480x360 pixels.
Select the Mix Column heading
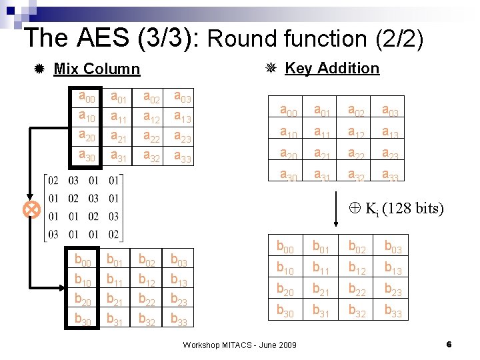[97, 69]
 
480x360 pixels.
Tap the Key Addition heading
[331, 68]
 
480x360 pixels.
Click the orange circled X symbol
[31, 211]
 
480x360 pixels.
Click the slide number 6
[449, 345]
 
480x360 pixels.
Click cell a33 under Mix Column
[183, 157]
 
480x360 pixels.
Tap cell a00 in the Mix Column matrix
[87, 98]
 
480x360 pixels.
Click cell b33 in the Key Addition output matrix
[393, 311]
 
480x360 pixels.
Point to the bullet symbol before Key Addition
[271, 68]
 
